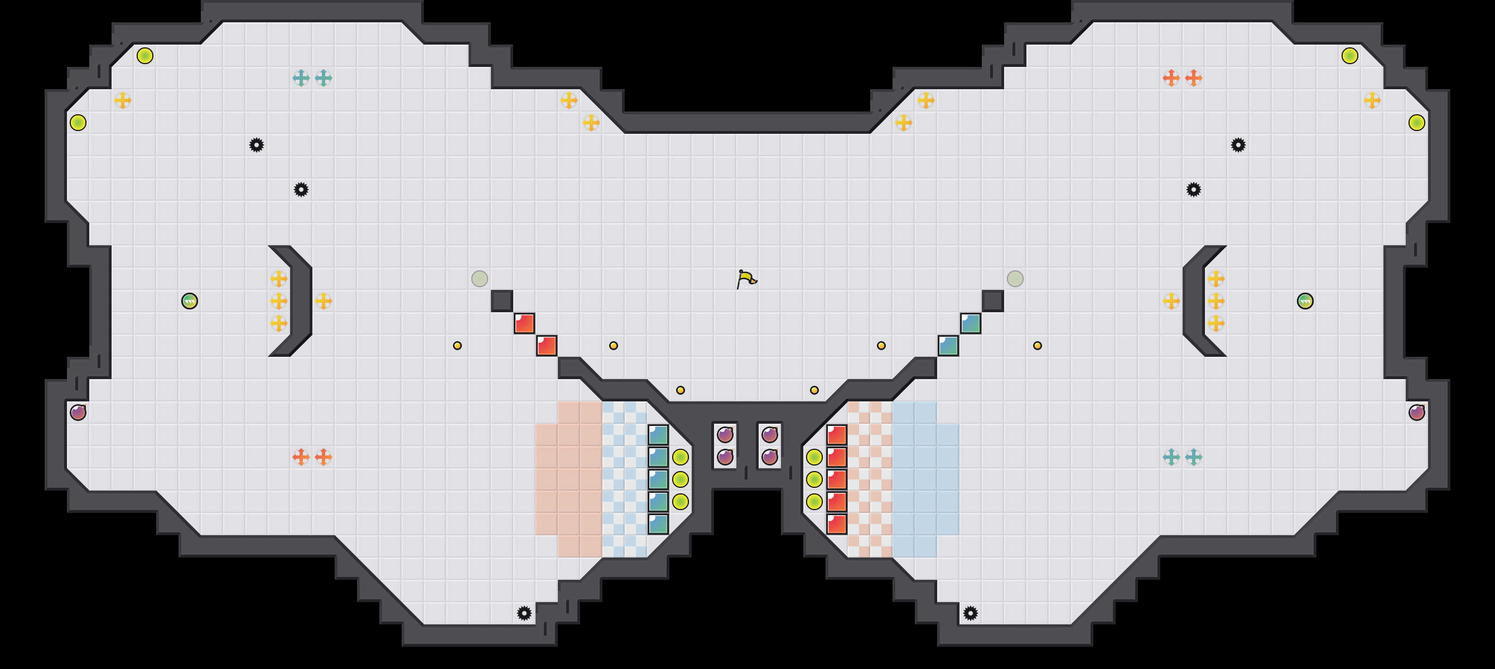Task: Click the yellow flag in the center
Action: pos(746,279)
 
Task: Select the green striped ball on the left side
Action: pos(190,301)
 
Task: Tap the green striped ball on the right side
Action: pos(1305,301)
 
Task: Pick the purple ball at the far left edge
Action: pos(78,413)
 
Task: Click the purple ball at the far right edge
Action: pos(1417,413)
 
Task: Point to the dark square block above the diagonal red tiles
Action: pos(502,301)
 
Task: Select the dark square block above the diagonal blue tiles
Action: pos(993,301)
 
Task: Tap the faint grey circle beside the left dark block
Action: pos(480,279)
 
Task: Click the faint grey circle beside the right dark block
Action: pos(1015,279)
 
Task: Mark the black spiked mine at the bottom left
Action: pos(524,613)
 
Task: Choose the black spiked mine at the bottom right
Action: pos(971,613)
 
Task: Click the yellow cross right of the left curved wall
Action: pos(323,301)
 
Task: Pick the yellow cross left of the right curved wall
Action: pos(1171,301)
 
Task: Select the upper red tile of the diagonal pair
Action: pos(524,324)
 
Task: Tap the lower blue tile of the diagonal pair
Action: pos(948,346)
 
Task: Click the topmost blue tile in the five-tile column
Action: pos(658,435)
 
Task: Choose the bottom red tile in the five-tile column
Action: pos(836,524)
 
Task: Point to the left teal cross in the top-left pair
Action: pos(301,77)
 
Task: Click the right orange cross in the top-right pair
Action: pos(1193,77)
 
